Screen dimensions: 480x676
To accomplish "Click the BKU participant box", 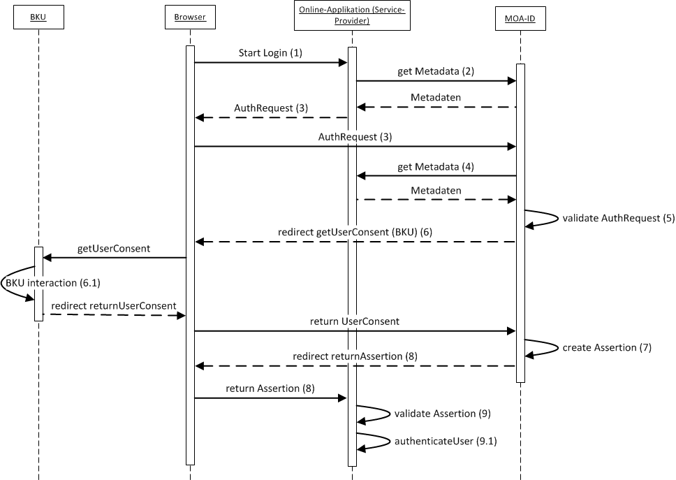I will (38, 17).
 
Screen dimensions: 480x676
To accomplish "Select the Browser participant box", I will (190, 17).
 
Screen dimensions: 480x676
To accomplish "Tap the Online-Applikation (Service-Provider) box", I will (353, 17).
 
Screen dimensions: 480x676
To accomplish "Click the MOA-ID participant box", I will (520, 17).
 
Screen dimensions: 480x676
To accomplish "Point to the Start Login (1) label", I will (271, 53).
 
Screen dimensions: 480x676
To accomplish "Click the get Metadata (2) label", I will (436, 71).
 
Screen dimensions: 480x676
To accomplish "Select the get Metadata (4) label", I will (436, 166).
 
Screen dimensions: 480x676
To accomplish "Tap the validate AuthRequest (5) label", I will (619, 218).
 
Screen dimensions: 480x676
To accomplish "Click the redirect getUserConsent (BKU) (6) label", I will (355, 232).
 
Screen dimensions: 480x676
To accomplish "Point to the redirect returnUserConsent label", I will (113, 306).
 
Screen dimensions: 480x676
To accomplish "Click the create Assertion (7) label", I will (607, 347).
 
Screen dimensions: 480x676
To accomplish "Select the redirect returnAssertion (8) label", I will (355, 356).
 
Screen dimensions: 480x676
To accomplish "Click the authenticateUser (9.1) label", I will (446, 442).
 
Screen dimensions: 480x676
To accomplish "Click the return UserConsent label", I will (355, 321).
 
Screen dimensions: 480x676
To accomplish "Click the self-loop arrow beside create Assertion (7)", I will (543, 347).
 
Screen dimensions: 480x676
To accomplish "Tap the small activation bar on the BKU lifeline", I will (38, 284).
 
